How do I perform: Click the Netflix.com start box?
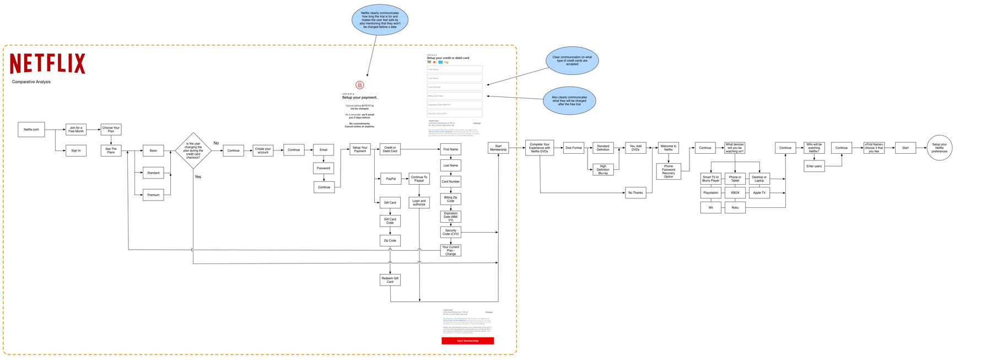[x=31, y=130]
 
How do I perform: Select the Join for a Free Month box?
[x=76, y=130]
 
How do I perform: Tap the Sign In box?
[x=76, y=151]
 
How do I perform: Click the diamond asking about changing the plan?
[x=193, y=150]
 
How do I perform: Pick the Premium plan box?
[x=153, y=195]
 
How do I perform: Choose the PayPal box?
[x=390, y=179]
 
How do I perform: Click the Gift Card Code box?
[x=390, y=221]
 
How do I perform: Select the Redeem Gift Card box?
[x=390, y=280]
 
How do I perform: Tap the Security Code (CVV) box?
[x=450, y=232]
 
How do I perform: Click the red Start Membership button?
[x=467, y=341]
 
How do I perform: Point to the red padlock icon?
[x=360, y=85]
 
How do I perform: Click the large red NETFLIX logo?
[x=48, y=63]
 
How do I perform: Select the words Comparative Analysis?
[x=31, y=82]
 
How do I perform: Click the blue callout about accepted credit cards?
[x=572, y=61]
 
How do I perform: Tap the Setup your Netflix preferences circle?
[x=939, y=148]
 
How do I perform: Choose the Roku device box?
[x=735, y=208]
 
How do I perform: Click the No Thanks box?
[x=635, y=193]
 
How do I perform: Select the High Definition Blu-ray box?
[x=603, y=170]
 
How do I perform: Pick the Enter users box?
[x=814, y=166]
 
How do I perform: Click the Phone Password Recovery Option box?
[x=669, y=171]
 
